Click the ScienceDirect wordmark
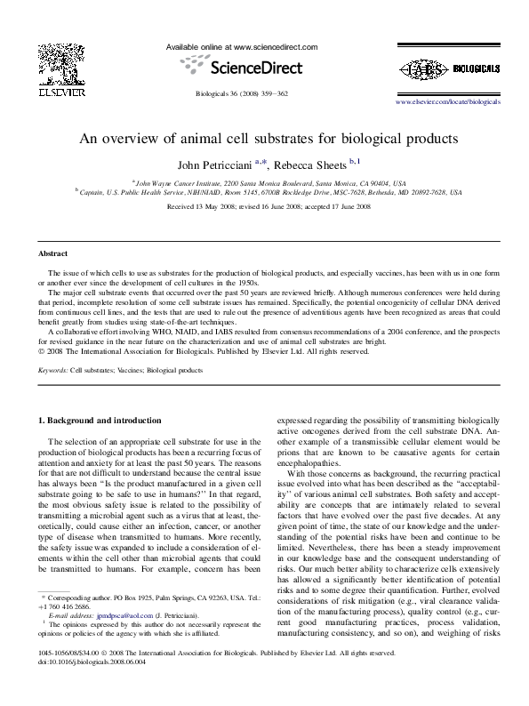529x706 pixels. pos(256,67)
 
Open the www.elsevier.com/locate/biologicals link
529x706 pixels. pos(447,102)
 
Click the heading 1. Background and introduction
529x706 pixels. pos(102,419)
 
